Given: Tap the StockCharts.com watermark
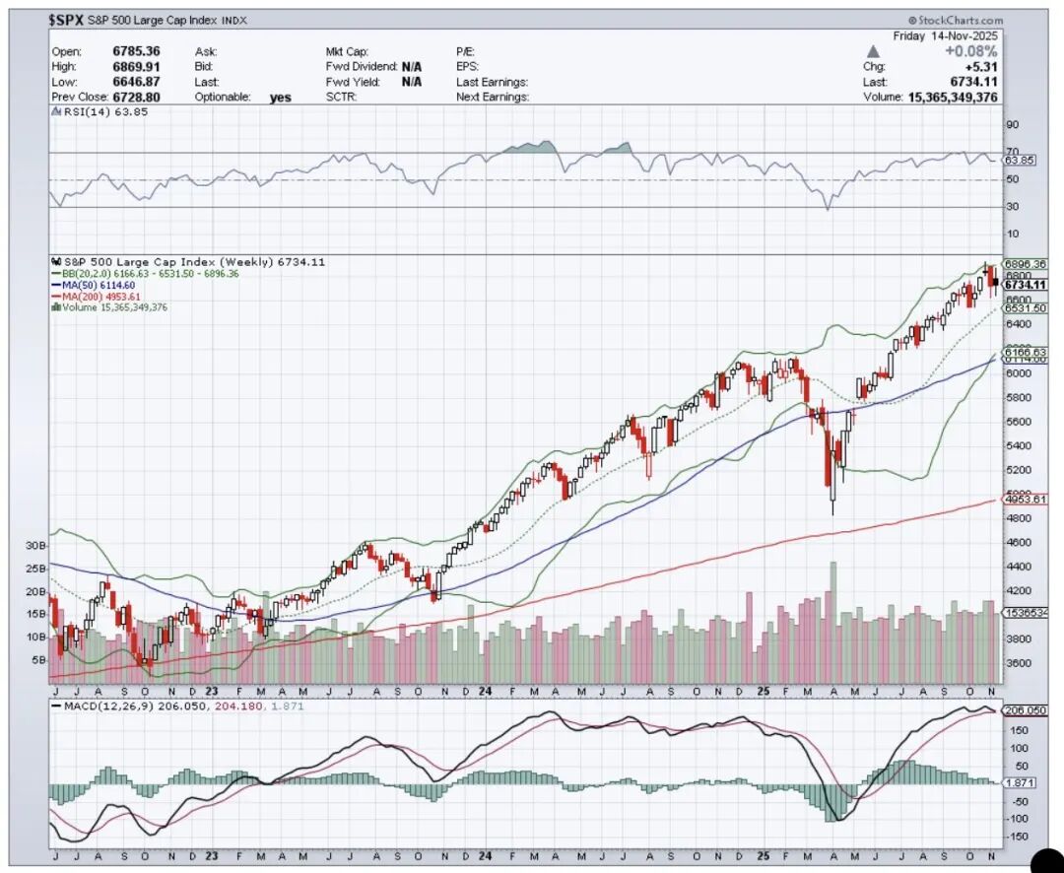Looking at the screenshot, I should (x=956, y=20).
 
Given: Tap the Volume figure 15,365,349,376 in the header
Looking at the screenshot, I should (x=952, y=98).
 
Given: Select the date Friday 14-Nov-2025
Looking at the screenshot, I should (x=947, y=34).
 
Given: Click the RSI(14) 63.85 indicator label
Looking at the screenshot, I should (x=92, y=113).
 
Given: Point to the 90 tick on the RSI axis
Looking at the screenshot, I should (x=1011, y=125).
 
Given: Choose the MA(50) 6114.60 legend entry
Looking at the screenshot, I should (x=99, y=284).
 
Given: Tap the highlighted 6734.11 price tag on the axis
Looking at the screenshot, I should (x=1023, y=285).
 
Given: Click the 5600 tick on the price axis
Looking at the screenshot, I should (x=1018, y=422).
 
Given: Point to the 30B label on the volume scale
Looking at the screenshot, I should (x=36, y=545).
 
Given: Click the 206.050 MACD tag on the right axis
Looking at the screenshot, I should (x=1023, y=710).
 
